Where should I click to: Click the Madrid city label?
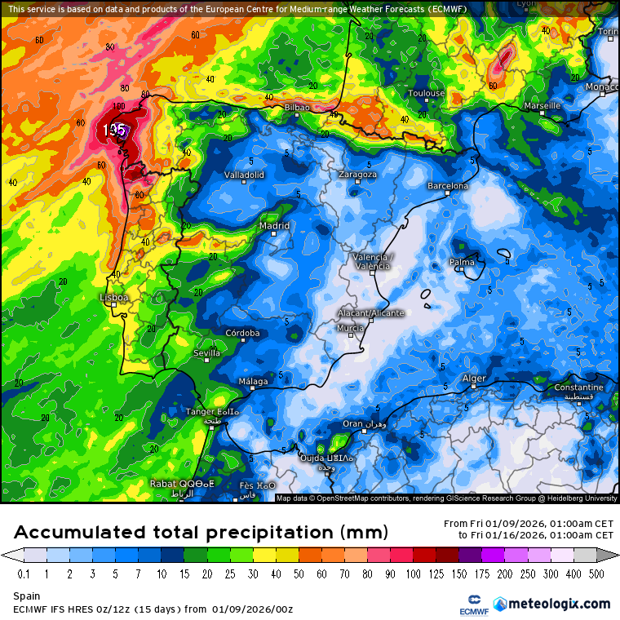pyautogui.click(x=274, y=225)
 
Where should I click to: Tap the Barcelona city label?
pyautogui.click(x=448, y=186)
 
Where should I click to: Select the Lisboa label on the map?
pyautogui.click(x=114, y=298)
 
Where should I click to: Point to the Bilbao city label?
pyautogui.click(x=298, y=108)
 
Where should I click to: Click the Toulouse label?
pyautogui.click(x=426, y=93)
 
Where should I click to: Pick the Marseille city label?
pyautogui.click(x=542, y=106)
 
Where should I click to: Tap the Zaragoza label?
pyautogui.click(x=357, y=174)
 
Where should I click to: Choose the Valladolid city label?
pyautogui.click(x=244, y=175)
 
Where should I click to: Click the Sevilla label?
pyautogui.click(x=206, y=353)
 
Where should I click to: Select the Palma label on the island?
pyautogui.click(x=462, y=262)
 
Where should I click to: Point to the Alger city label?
pyautogui.click(x=474, y=379)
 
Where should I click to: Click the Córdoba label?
pyautogui.click(x=242, y=333)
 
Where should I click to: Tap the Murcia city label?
pyautogui.click(x=350, y=328)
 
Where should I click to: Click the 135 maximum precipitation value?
pyautogui.click(x=114, y=130)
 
